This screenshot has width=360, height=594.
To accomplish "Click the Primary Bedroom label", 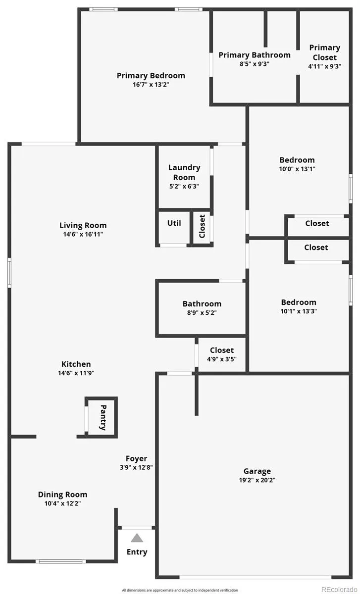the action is (x=151, y=76).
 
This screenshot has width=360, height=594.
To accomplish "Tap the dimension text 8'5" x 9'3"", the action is (x=255, y=64).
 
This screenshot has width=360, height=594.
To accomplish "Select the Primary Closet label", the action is (x=324, y=52).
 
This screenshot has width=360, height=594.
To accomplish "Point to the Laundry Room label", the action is (x=184, y=172).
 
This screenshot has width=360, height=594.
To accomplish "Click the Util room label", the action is (x=174, y=223).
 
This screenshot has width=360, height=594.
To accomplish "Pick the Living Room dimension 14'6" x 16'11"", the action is (x=83, y=234).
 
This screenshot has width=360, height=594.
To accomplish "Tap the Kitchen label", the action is (x=76, y=364).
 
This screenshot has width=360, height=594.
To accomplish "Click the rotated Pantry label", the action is (x=103, y=417).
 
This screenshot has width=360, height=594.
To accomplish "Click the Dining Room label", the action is (x=62, y=495).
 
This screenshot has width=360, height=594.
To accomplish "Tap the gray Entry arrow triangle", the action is (x=137, y=538).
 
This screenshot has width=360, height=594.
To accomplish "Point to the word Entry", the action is (x=137, y=552).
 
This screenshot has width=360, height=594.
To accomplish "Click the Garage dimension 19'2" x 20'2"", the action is (x=257, y=480).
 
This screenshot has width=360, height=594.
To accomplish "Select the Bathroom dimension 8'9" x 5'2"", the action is (x=202, y=313).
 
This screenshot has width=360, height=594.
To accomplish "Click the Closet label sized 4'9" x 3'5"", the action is (x=222, y=350).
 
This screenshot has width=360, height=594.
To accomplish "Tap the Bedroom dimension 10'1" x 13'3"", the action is (x=299, y=311).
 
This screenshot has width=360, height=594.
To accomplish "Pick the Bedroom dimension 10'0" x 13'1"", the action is (x=297, y=169).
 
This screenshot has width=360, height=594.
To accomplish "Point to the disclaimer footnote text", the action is (x=180, y=590).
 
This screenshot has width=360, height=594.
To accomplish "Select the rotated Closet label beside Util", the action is (x=202, y=226).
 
